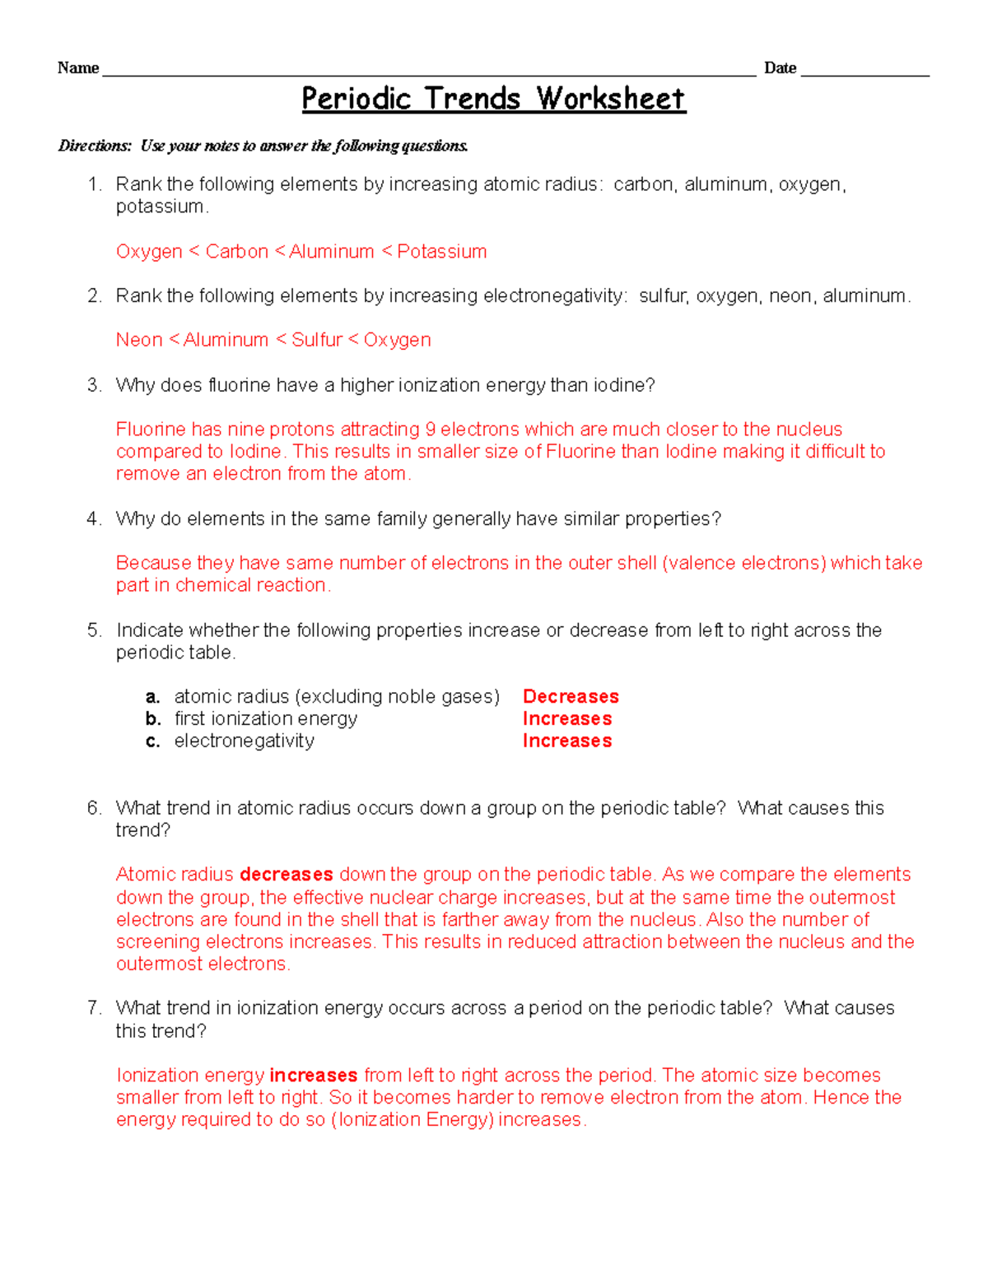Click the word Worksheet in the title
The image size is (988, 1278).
tap(611, 99)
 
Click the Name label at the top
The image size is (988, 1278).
tap(77, 68)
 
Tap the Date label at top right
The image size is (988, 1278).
tap(780, 68)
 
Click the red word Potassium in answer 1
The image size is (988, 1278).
tap(441, 252)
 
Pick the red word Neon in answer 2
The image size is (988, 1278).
tap(139, 340)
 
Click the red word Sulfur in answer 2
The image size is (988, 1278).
tap(317, 340)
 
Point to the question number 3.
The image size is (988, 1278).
tap(93, 385)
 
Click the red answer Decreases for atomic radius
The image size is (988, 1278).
tap(571, 697)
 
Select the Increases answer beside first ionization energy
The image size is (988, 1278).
tap(567, 719)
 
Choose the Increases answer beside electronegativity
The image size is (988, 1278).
tap(567, 741)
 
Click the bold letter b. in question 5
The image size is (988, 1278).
tap(152, 719)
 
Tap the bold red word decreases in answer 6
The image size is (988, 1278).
tap(286, 875)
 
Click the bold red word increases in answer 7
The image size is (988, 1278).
tap(313, 1076)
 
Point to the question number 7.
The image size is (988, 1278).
tap(93, 1008)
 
